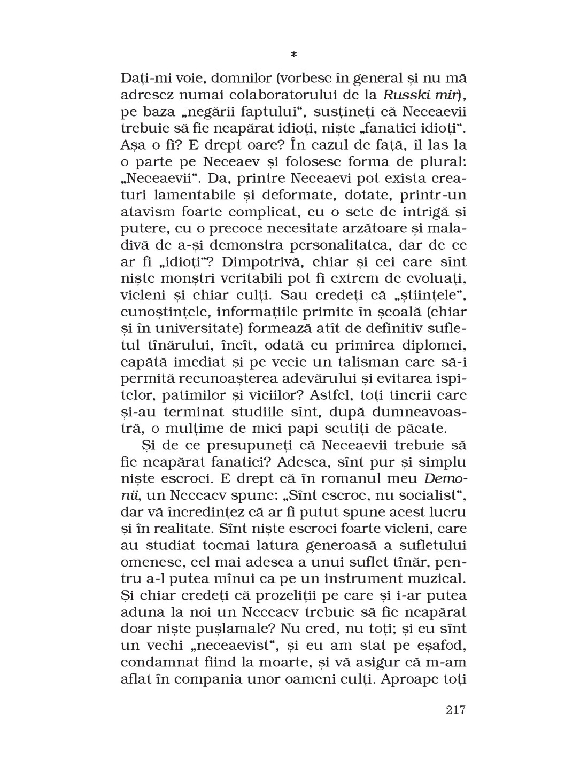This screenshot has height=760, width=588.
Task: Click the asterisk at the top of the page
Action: point(293,55)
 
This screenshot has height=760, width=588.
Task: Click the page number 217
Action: point(455,710)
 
